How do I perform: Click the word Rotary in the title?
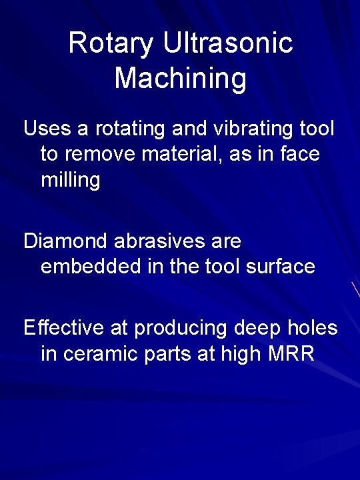[x=111, y=44]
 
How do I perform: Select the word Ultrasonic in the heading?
[x=227, y=44]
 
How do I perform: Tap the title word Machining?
[x=180, y=78]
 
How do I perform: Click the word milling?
[x=71, y=180]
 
